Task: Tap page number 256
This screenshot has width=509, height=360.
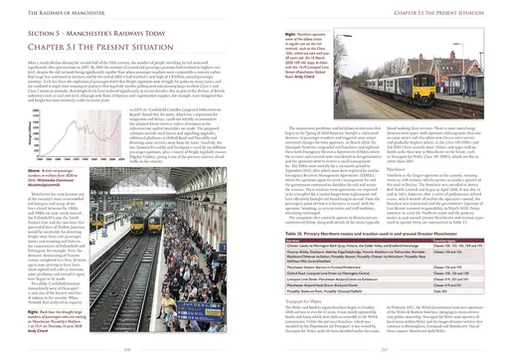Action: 128,348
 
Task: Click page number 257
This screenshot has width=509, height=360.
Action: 381,348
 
